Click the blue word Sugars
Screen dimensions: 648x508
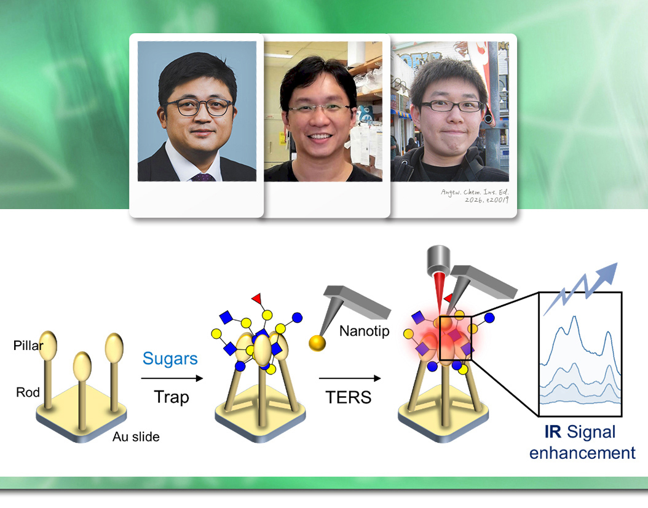tap(170, 359)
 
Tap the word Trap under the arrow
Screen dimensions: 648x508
tap(172, 397)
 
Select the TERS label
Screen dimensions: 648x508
tap(349, 397)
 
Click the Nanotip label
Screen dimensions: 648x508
tap(364, 331)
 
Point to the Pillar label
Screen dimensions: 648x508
tap(28, 345)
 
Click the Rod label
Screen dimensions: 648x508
tap(28, 392)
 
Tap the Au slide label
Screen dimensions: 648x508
tap(136, 437)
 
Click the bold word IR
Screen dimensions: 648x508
tap(553, 432)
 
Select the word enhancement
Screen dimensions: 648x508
tap(582, 453)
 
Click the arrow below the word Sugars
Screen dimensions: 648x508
tap(172, 378)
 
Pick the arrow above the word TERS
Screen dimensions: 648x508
tap(350, 378)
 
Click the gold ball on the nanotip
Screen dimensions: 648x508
tap(317, 343)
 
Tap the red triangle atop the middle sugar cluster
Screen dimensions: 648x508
tap(257, 298)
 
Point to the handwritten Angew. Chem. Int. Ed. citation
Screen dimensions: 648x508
tap(475, 196)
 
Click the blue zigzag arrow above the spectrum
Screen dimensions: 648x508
tap(580, 288)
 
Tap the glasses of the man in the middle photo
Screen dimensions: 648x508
tap(319, 109)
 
